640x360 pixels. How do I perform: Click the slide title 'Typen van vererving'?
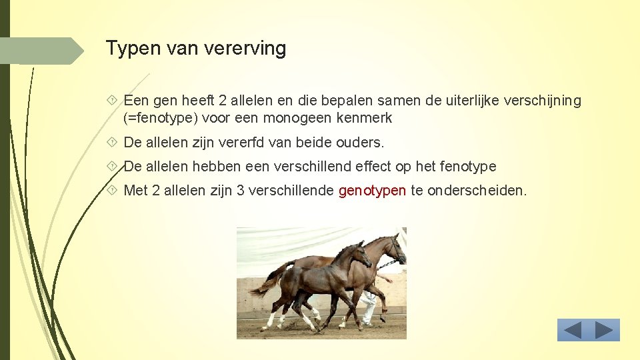click(196, 49)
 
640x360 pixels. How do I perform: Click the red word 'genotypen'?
click(372, 191)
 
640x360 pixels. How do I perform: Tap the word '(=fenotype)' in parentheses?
click(158, 119)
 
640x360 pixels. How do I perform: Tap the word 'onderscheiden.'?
click(477, 191)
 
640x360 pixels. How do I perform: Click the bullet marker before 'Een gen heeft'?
click(111, 101)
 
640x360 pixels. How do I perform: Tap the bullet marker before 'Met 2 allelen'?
click(111, 191)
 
